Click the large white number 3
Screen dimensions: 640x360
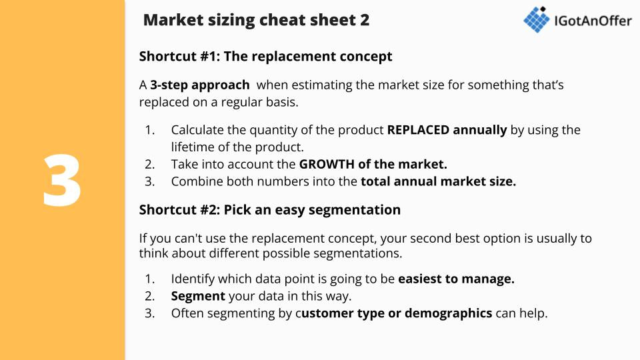(x=62, y=180)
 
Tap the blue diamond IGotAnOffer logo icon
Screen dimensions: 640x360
(x=537, y=19)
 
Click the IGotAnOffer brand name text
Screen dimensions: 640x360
(x=593, y=21)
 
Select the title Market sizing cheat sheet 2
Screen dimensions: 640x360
(x=256, y=20)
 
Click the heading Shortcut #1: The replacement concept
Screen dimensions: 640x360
(x=265, y=56)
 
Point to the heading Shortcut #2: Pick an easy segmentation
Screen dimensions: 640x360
(x=270, y=210)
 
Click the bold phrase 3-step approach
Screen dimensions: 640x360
(x=199, y=85)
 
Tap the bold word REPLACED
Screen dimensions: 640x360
(x=418, y=130)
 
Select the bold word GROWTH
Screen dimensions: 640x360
(x=327, y=164)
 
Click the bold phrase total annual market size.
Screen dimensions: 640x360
(x=439, y=181)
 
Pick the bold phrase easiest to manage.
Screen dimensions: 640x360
(x=456, y=279)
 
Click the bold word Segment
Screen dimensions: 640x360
(x=198, y=296)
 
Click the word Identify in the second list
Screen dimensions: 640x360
(x=193, y=279)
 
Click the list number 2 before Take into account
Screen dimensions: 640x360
(x=149, y=164)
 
